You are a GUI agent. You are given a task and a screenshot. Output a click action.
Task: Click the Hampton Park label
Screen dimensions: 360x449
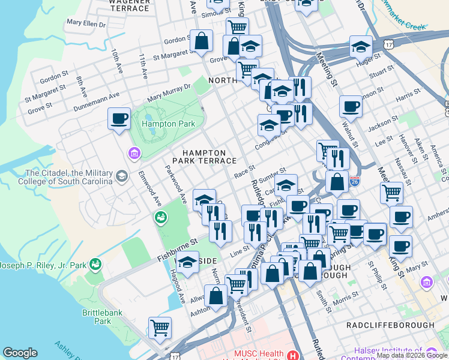pos(160,124)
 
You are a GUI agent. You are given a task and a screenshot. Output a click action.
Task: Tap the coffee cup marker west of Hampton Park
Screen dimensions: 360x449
pos(119,118)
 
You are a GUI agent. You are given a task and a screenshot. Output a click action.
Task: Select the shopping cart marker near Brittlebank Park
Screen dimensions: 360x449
pos(160,328)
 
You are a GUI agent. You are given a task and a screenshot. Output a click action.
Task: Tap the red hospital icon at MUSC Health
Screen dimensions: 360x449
pos(293,355)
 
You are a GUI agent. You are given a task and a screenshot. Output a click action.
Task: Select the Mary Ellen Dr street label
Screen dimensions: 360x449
pos(86,24)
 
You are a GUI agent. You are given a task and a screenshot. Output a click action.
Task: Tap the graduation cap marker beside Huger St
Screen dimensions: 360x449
pos(361,46)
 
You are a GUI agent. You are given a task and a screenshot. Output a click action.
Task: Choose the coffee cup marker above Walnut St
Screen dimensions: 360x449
pos(351,106)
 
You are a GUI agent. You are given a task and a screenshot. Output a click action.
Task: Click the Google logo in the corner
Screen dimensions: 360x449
pos(20,353)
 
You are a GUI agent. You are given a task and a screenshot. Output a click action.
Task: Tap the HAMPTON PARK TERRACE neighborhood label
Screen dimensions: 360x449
pos(204,157)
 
